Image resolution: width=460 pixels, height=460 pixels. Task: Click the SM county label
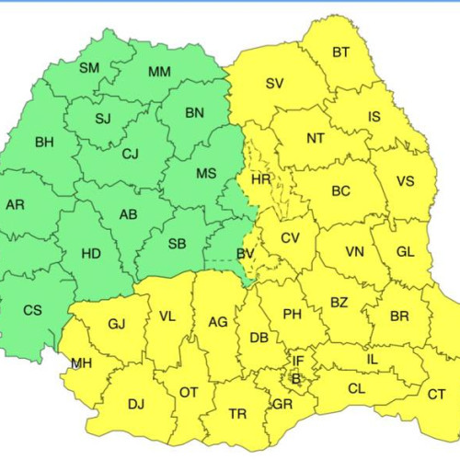click(x=89, y=68)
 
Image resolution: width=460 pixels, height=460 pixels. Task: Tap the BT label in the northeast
click(x=340, y=52)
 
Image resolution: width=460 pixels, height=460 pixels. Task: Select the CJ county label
click(x=131, y=154)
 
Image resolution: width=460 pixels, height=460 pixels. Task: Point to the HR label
click(x=261, y=179)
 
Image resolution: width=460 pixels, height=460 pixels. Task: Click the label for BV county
click(x=246, y=253)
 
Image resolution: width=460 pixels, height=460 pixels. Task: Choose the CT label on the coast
click(x=436, y=394)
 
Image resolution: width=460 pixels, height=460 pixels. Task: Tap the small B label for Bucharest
click(x=295, y=377)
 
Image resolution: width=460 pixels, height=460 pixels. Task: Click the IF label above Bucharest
click(x=297, y=362)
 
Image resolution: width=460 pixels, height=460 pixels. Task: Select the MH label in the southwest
click(x=81, y=363)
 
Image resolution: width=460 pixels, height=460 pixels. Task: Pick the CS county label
click(x=32, y=310)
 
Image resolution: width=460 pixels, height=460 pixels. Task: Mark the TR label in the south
click(x=237, y=414)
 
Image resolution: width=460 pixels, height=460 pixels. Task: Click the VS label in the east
click(x=405, y=181)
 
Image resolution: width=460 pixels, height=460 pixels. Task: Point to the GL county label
click(x=405, y=251)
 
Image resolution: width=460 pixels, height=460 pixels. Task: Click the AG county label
click(x=218, y=321)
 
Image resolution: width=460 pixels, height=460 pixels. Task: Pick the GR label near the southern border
click(x=282, y=403)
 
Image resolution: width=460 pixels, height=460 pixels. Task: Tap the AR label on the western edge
click(x=15, y=204)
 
